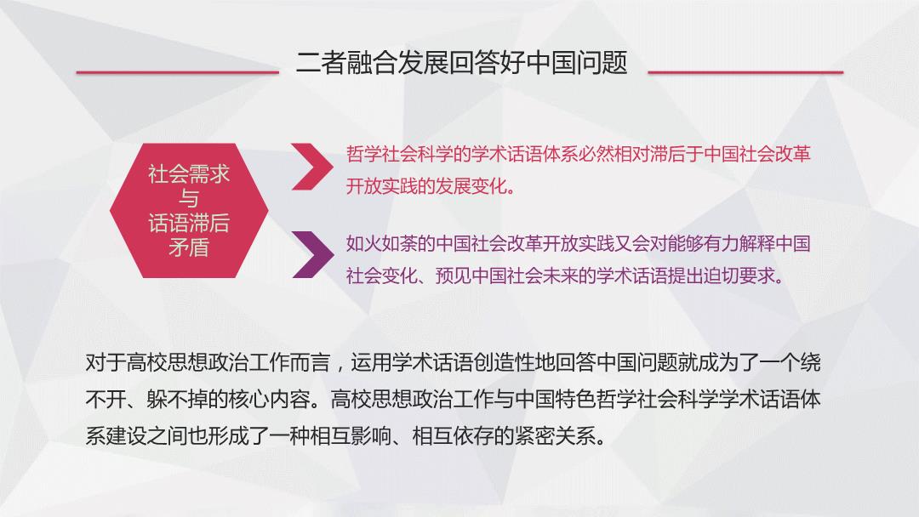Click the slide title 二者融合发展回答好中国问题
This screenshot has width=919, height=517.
[x=462, y=63]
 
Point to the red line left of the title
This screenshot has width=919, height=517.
[x=178, y=72]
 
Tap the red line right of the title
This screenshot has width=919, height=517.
[x=745, y=72]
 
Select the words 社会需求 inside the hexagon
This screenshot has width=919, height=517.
[x=189, y=174]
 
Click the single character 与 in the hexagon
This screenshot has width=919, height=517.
[x=189, y=198]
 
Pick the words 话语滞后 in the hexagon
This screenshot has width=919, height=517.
[x=189, y=223]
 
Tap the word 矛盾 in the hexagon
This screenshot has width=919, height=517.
[x=189, y=247]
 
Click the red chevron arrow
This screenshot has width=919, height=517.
[x=312, y=167]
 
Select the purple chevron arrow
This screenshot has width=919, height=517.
[x=312, y=255]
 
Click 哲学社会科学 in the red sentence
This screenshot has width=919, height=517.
[x=400, y=154]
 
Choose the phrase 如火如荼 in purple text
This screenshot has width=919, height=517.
[x=381, y=243]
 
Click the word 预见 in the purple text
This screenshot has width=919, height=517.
[x=453, y=276]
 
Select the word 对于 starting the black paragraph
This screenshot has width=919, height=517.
[x=106, y=362]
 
